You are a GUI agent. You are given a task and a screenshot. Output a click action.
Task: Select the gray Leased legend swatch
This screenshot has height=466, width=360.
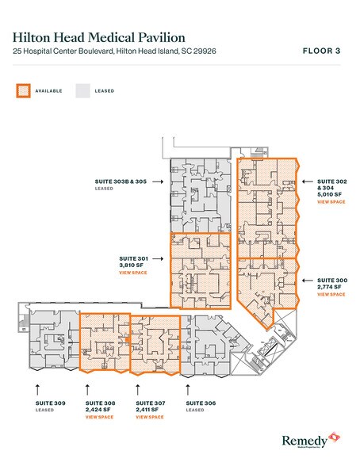(82, 90)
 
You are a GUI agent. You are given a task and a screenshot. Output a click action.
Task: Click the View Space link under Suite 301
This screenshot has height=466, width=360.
(130, 272)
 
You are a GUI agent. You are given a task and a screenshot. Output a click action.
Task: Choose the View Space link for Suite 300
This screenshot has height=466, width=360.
(331, 294)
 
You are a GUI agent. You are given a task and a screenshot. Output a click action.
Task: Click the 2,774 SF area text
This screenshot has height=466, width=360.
(330, 287)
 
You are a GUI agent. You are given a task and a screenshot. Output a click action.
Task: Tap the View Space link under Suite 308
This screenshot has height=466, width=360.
(100, 417)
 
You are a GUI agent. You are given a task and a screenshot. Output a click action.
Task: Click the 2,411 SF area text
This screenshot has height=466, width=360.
(150, 410)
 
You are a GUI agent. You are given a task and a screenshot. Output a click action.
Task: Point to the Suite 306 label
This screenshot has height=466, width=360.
(200, 403)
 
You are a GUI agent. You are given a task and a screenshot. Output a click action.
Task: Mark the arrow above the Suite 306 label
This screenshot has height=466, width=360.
(188, 388)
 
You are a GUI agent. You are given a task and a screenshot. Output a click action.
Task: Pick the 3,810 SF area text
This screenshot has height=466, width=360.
(131, 265)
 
